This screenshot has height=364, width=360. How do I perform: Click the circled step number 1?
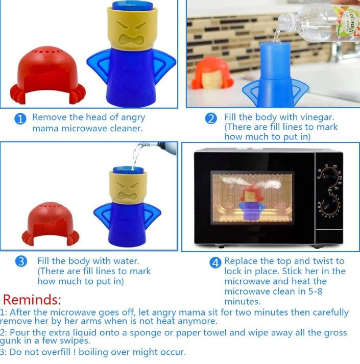pos(20,118)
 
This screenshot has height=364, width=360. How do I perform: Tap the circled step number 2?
pos(211,118)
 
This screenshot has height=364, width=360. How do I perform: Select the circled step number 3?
pos(21,261)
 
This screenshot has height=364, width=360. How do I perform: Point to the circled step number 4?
pos(215,262)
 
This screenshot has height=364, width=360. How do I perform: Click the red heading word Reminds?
pos(32,300)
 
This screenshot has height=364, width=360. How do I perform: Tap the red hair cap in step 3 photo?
pos(51,224)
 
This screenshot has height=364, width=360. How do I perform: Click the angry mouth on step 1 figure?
pos(131,39)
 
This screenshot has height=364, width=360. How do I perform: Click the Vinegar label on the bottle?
pos(352,21)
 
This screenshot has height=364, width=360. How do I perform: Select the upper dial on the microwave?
pos(329,177)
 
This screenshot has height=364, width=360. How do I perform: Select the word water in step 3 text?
pos(126,261)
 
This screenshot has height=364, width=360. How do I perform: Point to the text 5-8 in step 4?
pos(316,291)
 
